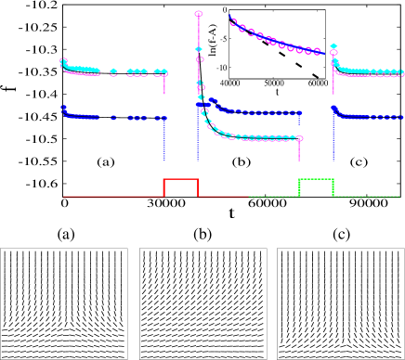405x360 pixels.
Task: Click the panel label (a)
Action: click(x=65, y=234)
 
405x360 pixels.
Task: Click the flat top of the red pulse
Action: click(x=180, y=178)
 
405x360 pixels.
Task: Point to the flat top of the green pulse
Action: click(x=316, y=178)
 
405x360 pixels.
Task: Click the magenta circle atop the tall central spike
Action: click(x=198, y=13)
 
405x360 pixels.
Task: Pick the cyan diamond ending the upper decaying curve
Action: click(x=333, y=46)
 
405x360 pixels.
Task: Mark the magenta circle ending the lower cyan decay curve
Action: click(x=299, y=138)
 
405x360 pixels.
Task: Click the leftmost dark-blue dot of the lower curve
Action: click(x=63, y=109)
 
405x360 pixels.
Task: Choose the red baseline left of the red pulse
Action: click(x=111, y=197)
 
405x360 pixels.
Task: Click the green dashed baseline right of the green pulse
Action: click(x=367, y=197)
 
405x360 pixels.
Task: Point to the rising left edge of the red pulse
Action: click(x=163, y=187)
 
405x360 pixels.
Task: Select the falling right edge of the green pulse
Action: click(x=333, y=187)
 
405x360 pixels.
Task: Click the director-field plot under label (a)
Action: click(x=65, y=302)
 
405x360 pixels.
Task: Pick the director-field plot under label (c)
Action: click(x=341, y=302)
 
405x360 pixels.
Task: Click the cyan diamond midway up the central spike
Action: click(x=198, y=48)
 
